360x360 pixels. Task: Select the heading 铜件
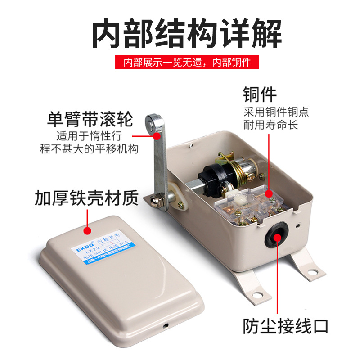tap(260, 95)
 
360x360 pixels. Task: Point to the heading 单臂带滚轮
tap(90, 120)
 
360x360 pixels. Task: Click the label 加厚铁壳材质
tap(86, 198)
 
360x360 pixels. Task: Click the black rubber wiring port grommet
tap(275, 234)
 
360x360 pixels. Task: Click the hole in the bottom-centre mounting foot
tap(258, 295)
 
